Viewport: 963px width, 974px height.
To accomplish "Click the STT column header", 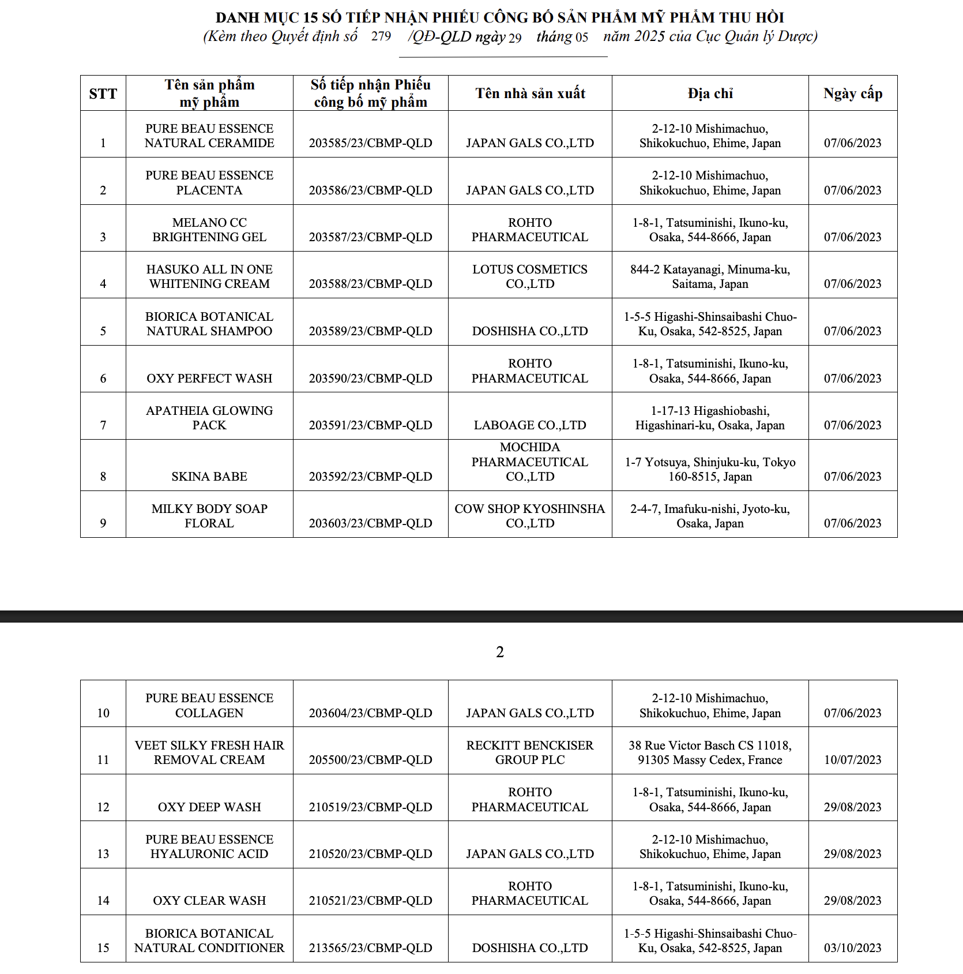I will pos(103,93).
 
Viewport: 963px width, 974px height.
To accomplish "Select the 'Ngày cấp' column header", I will pos(853,93).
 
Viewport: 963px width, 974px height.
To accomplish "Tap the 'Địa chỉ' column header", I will pos(710,93).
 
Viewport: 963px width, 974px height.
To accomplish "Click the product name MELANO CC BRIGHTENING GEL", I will pos(209,230).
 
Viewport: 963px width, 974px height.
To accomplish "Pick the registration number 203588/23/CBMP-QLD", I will pos(370,284).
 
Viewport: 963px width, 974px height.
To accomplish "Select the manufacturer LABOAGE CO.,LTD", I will pos(530,425).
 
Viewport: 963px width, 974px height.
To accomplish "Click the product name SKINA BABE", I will pos(209,477).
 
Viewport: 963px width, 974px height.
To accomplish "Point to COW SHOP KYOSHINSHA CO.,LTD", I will pos(530,516).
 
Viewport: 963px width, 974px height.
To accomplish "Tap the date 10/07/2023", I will pos(852,760).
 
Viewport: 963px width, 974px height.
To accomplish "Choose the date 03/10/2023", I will pos(852,948).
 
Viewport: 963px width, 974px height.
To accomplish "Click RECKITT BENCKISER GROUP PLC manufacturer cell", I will pos(530,752).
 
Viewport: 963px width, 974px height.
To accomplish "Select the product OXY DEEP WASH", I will pos(209,807).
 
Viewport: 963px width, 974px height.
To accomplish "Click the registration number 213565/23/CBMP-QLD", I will pos(370,948).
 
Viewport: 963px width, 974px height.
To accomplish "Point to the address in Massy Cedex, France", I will pos(710,752).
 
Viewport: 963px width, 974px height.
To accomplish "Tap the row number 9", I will pos(103,523).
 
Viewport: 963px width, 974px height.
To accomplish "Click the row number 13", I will pos(103,854).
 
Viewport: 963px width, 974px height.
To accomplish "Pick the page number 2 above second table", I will pos(500,652).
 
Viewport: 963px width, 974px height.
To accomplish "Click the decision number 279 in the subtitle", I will pos(381,36).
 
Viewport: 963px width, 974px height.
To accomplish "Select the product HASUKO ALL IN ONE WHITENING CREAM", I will pos(209,276).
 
